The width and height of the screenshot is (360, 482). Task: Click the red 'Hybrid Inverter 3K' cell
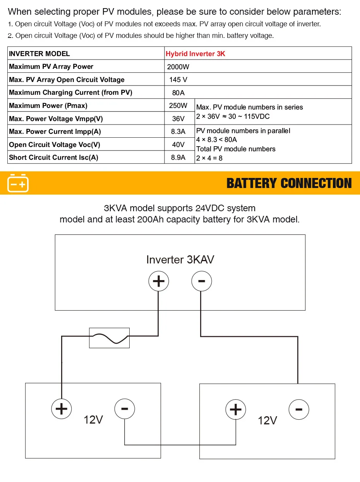click(x=195, y=54)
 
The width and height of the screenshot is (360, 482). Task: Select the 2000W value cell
click(x=178, y=67)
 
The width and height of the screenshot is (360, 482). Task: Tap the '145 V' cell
click(x=178, y=80)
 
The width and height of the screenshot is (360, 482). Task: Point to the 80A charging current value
click(x=178, y=93)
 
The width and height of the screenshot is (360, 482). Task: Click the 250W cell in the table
click(x=178, y=106)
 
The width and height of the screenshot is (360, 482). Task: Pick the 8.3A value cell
click(x=178, y=132)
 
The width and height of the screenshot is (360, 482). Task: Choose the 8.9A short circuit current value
click(x=178, y=157)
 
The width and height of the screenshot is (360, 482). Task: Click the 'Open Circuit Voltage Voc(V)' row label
click(x=55, y=145)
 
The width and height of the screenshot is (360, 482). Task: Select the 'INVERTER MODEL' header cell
click(x=39, y=54)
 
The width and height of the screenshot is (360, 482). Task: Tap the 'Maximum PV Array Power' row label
click(x=51, y=67)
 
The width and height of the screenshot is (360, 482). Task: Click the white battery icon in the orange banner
click(x=18, y=183)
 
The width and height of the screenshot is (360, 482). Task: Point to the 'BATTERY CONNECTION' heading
click(x=289, y=183)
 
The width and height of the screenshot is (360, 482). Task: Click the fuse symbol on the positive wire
click(x=110, y=338)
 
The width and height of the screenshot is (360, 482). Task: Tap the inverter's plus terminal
click(x=159, y=281)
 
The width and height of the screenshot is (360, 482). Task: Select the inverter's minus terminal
click(x=201, y=281)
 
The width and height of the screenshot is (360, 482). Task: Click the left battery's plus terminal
click(x=62, y=409)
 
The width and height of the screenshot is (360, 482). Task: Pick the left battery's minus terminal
click(x=125, y=409)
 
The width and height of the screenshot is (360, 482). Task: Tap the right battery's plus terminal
click(x=236, y=409)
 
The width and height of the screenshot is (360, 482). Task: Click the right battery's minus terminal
click(x=299, y=409)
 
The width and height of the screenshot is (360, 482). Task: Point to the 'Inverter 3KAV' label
click(x=180, y=260)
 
